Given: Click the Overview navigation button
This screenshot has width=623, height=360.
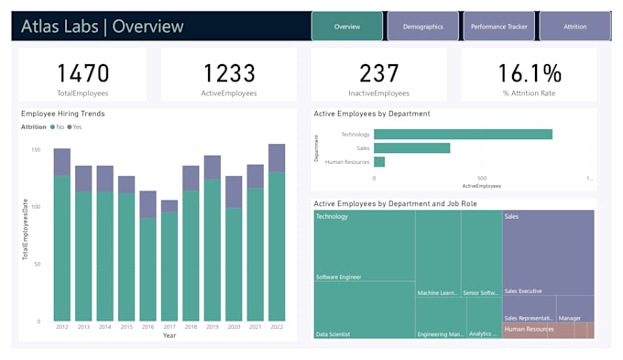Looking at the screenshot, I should [346, 27].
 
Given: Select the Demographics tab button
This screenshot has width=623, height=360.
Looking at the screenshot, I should [422, 27].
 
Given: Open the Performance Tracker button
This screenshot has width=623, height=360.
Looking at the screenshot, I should [498, 27].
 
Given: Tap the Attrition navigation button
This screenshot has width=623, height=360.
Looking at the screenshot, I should [574, 27].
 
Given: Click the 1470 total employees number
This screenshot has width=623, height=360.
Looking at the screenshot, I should [82, 73].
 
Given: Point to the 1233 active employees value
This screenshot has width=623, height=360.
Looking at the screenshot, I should [229, 73].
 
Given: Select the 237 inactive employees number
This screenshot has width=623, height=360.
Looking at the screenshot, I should [378, 73].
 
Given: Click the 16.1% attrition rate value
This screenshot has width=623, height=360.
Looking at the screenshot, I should [529, 73].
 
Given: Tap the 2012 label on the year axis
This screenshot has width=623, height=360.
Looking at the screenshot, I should [61, 326].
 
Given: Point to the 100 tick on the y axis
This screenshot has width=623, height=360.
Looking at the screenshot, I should [36, 207].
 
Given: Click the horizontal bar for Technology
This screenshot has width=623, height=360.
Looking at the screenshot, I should [463, 134].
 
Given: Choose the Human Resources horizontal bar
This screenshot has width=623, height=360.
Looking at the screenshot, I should [379, 162].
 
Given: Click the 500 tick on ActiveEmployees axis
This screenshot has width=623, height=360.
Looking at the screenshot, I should [482, 178].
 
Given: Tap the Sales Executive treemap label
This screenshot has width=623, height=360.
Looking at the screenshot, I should [523, 291].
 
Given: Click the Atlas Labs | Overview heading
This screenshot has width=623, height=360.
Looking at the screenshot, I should [103, 27].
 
